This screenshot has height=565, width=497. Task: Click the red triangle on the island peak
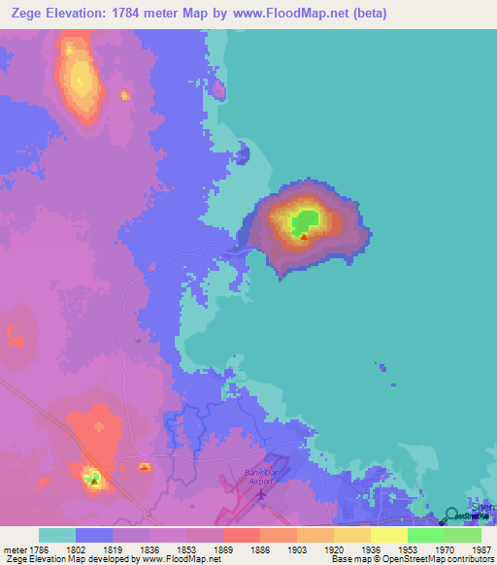pos(304,236)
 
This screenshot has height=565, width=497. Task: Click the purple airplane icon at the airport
pos(261,495)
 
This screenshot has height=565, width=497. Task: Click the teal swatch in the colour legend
pos(57,535)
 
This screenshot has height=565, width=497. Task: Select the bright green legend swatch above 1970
pos(426,535)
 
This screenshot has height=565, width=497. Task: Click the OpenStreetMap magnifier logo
pos(450,515)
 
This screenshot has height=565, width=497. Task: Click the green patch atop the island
pos(308,220)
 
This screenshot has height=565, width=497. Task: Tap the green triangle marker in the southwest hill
pos(93,479)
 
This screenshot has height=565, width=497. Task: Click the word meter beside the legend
pos(14,548)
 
